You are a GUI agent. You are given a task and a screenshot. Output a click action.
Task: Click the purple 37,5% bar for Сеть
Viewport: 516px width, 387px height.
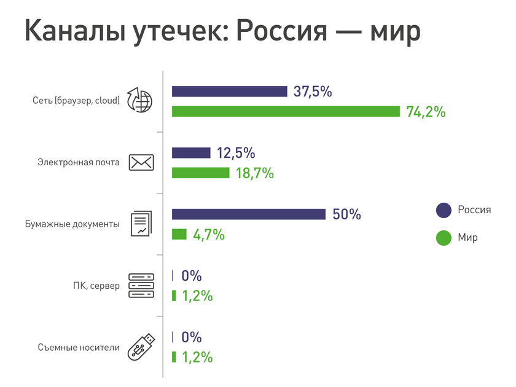click(229, 92)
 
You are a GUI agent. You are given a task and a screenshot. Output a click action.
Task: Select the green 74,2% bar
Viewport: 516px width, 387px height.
click(286, 111)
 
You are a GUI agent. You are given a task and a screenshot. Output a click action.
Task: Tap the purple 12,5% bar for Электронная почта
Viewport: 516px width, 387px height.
click(191, 153)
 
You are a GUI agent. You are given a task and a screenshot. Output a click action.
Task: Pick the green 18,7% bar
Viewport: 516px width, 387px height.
click(200, 173)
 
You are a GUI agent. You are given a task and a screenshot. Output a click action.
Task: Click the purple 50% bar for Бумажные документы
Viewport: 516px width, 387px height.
click(248, 214)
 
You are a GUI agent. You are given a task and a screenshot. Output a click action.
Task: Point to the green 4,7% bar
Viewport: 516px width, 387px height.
click(179, 234)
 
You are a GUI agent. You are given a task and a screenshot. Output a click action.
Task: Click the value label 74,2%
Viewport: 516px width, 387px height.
click(426, 112)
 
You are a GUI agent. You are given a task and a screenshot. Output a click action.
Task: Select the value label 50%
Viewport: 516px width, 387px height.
click(346, 215)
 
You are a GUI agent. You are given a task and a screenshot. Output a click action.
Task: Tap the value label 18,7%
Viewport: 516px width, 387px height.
click(254, 173)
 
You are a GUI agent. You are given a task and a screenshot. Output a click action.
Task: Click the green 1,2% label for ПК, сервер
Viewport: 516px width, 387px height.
click(197, 296)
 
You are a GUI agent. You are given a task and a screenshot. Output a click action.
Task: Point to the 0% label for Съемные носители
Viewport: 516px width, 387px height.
click(192, 337)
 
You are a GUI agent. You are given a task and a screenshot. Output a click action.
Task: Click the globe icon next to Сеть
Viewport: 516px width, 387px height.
click(139, 100)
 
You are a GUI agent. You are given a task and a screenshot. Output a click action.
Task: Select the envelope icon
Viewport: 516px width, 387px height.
click(141, 163)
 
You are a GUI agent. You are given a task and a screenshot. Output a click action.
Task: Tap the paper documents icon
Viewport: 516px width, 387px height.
click(141, 224)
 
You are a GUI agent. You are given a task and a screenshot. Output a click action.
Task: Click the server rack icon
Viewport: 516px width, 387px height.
click(141, 286)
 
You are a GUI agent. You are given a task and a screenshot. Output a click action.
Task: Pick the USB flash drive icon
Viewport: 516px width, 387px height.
click(141, 346)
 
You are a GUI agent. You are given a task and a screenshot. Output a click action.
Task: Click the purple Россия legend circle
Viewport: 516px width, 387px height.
click(444, 210)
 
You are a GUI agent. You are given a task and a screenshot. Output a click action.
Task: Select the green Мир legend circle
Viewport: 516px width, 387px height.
click(444, 238)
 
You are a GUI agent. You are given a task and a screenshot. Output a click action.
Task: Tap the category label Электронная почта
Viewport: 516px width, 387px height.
click(78, 163)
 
